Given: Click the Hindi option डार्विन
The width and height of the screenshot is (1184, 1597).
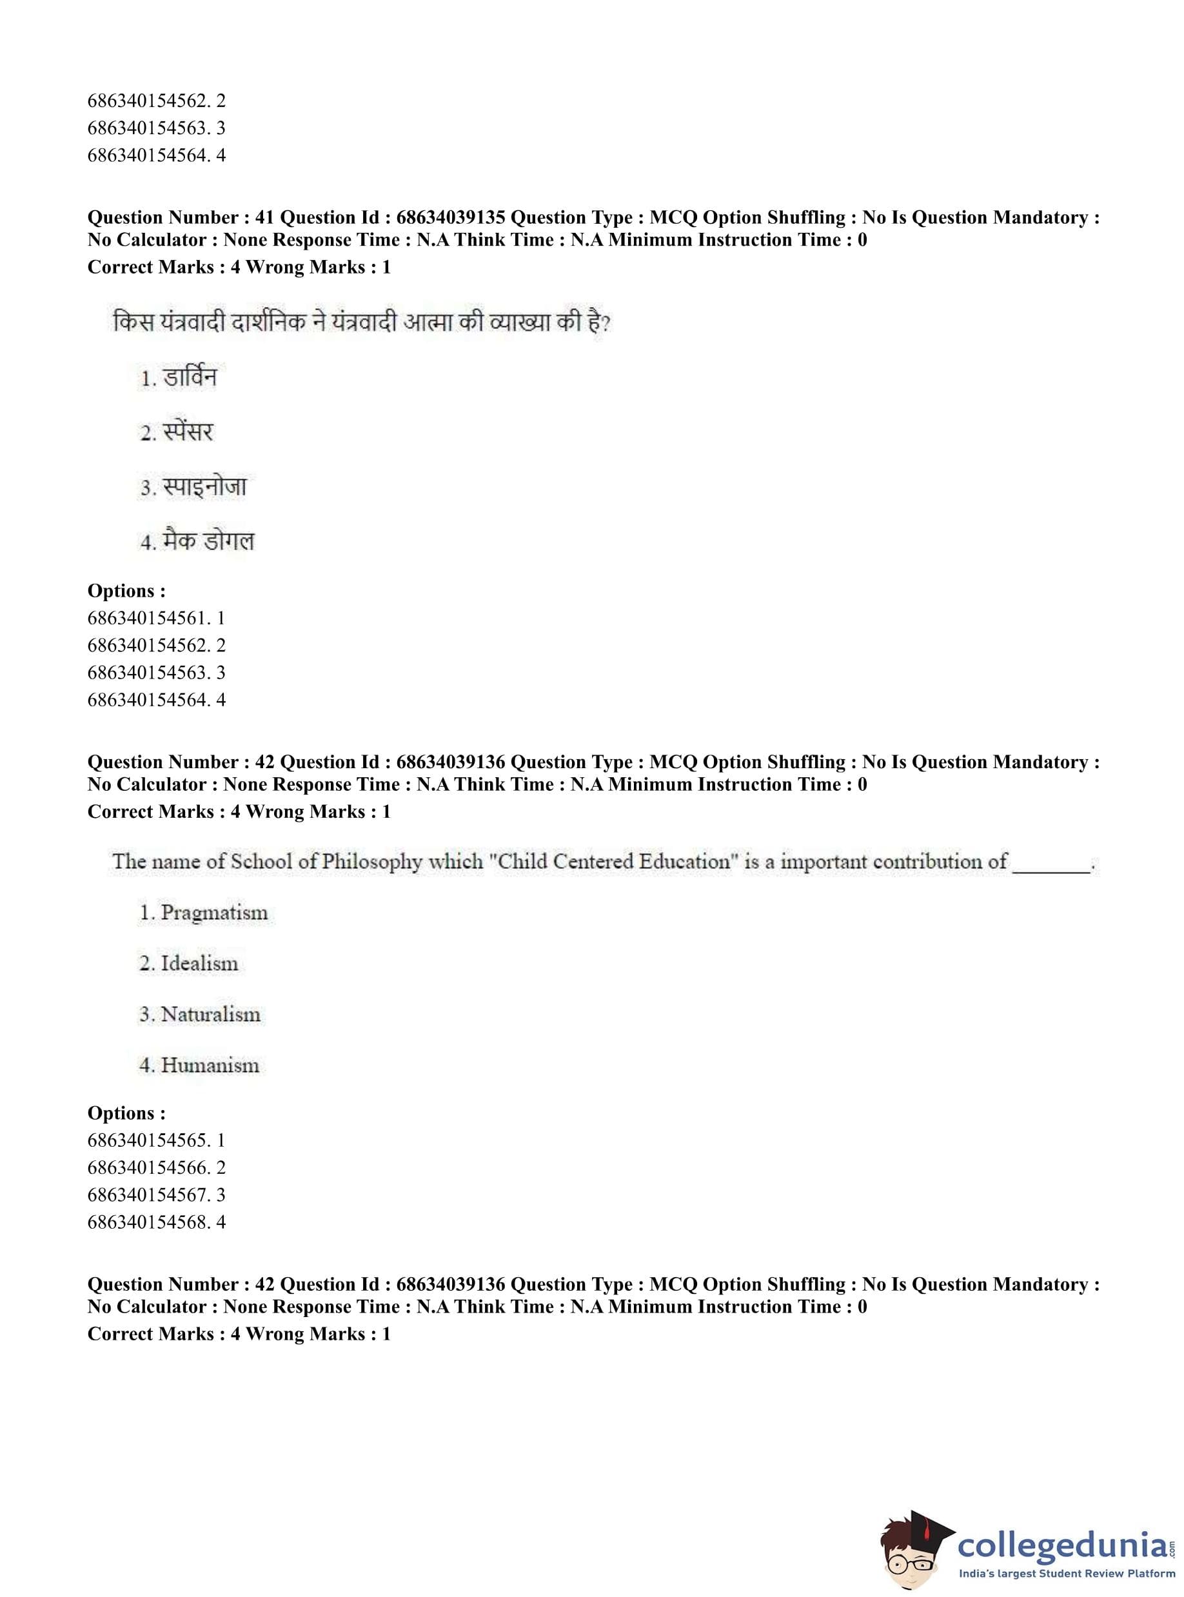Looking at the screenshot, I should pyautogui.click(x=189, y=377).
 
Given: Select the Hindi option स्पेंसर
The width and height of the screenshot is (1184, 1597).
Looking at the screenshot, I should pyautogui.click(x=188, y=432).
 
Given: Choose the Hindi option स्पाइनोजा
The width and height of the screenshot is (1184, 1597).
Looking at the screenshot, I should pyautogui.click(x=204, y=488).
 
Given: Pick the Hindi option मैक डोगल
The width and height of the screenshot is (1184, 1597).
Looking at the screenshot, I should pyautogui.click(x=208, y=541).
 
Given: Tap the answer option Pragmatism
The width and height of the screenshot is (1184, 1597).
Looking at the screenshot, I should pyautogui.click(x=213, y=913).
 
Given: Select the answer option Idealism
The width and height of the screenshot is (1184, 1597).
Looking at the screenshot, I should pyautogui.click(x=199, y=964).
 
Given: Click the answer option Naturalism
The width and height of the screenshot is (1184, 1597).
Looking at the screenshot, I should pyautogui.click(x=210, y=1015).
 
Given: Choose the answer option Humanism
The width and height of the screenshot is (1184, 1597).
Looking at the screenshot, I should pyautogui.click(x=210, y=1065).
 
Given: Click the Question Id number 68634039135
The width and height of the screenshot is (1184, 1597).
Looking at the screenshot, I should pyautogui.click(x=450, y=217).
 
